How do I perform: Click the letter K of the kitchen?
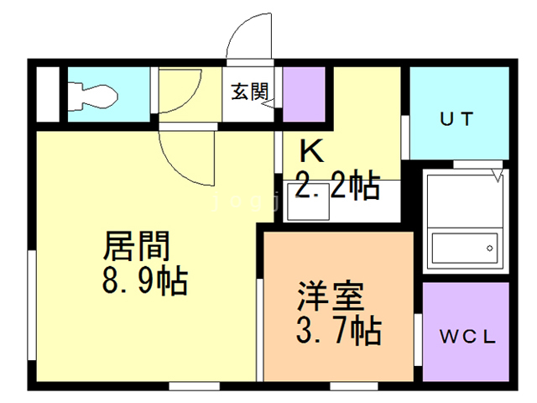coord(311,152)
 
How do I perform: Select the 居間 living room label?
coord(137,247)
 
